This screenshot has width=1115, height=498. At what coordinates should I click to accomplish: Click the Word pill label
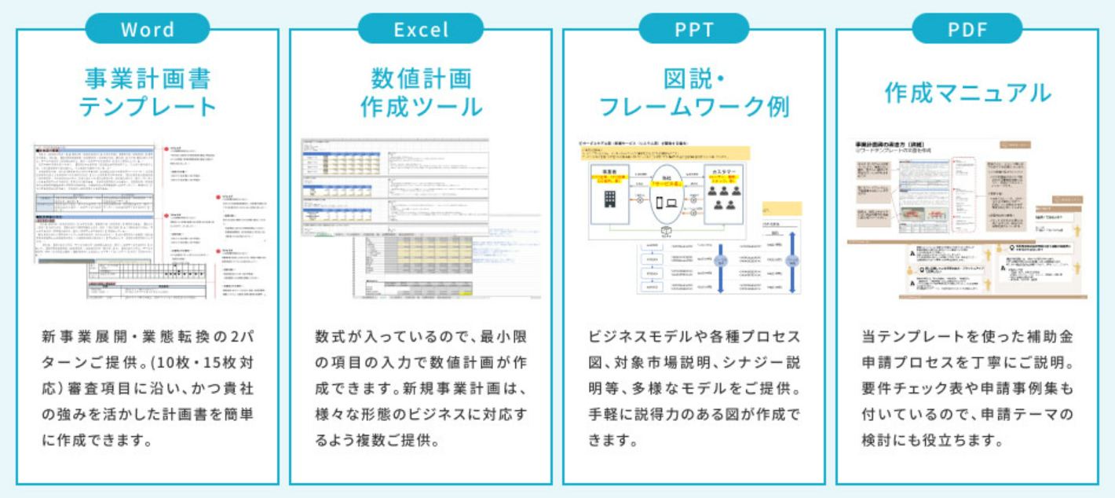point(147,30)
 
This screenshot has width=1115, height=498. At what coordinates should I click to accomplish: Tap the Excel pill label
point(421,30)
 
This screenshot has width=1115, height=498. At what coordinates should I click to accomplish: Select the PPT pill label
point(693,30)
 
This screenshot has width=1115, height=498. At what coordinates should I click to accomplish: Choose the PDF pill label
point(967,30)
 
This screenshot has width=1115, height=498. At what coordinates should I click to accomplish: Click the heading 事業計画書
point(148,79)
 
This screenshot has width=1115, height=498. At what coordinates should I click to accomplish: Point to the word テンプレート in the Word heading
point(148,106)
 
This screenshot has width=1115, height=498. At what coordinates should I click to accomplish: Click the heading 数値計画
point(421,79)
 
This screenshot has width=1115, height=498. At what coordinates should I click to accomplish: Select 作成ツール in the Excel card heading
point(421,106)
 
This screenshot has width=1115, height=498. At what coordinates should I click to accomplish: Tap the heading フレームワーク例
point(693,106)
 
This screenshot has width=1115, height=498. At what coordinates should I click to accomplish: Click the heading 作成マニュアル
point(967,93)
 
